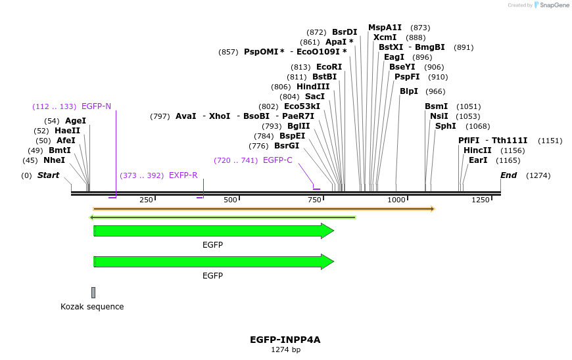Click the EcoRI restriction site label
329,67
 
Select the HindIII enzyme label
313,87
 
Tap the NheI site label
54,160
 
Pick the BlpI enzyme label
409,91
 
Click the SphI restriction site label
445,126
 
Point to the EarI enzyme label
478,160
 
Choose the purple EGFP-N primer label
96,106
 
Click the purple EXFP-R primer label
183,175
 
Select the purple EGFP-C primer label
277,160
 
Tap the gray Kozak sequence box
93,292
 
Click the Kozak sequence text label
92,307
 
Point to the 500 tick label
230,200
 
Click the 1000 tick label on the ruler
396,200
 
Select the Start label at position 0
48,175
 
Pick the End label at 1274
508,175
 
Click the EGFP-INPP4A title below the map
285,340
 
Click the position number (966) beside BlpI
435,91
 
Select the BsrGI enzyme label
287,146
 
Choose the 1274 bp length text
285,350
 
